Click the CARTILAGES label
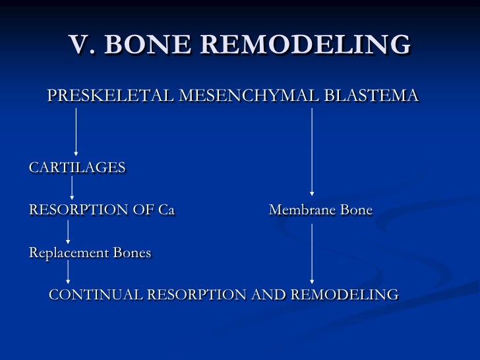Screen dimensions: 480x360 point(77,167)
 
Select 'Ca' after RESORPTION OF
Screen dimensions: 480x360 point(166,210)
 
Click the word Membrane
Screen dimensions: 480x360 point(301,210)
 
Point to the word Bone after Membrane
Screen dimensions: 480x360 point(355,210)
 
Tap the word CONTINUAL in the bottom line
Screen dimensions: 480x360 point(95,294)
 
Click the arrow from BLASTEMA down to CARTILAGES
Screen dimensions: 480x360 point(76,132)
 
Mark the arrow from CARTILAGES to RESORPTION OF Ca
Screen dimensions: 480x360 point(72,189)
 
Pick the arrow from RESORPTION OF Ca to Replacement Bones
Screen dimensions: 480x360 point(68,232)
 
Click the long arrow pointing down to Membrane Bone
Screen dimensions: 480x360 point(312,152)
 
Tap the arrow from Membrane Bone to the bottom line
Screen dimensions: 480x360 point(312,253)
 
